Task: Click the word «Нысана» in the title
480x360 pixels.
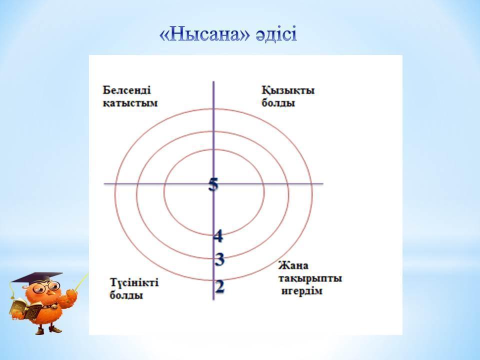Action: pos(205,34)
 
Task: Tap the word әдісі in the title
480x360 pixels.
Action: pos(276,34)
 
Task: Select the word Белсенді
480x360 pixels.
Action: pos(126,90)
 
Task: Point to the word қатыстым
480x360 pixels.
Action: pos(130,103)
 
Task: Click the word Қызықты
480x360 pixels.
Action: pos(288,90)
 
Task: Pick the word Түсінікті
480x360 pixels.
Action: pos(134,282)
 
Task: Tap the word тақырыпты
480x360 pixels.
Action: pos(310,279)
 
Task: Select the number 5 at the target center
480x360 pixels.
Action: pos(213,184)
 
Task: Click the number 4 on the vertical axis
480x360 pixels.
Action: pos(218,236)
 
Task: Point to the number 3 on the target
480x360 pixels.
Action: pos(219,259)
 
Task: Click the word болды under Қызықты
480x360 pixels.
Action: pos(278,103)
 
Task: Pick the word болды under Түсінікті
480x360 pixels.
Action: pos(126,295)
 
